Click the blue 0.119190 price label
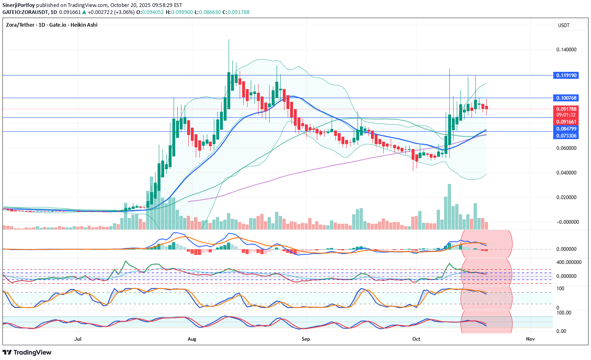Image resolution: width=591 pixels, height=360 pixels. pos(566,76)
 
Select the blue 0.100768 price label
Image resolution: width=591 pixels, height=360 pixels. pos(566,98)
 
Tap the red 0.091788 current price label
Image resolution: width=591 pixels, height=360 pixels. pos(566,109)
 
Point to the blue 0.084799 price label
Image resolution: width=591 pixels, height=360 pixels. pos(566,129)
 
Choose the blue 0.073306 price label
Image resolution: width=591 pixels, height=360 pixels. pos(566,136)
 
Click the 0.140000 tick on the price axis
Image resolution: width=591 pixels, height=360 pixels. pos(566,50)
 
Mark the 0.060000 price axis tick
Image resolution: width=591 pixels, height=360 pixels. pos(566,148)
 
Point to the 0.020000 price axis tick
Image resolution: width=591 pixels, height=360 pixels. pos(566,197)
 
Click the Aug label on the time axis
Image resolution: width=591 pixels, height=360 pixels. pos(192,339)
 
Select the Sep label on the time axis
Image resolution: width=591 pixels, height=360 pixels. pos(306,339)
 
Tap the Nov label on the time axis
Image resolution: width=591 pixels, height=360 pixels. pos(530,339)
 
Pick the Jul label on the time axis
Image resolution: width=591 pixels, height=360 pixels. pos(78,339)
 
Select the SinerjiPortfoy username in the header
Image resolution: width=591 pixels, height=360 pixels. pos(18,5)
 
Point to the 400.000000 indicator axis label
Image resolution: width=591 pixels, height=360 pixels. pos(569,262)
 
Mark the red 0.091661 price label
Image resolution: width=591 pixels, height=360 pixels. pos(566,122)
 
